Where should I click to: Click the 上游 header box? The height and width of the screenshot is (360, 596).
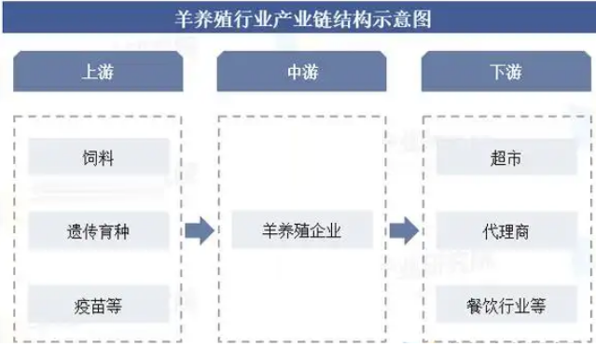pyautogui.click(x=99, y=72)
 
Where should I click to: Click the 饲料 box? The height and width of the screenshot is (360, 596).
pyautogui.click(x=98, y=158)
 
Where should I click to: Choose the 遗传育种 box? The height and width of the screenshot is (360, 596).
pyautogui.click(x=98, y=231)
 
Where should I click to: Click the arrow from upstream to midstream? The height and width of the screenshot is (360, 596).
pyautogui.click(x=200, y=231)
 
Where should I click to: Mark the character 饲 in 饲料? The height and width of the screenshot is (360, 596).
pyautogui.click(x=90, y=158)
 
